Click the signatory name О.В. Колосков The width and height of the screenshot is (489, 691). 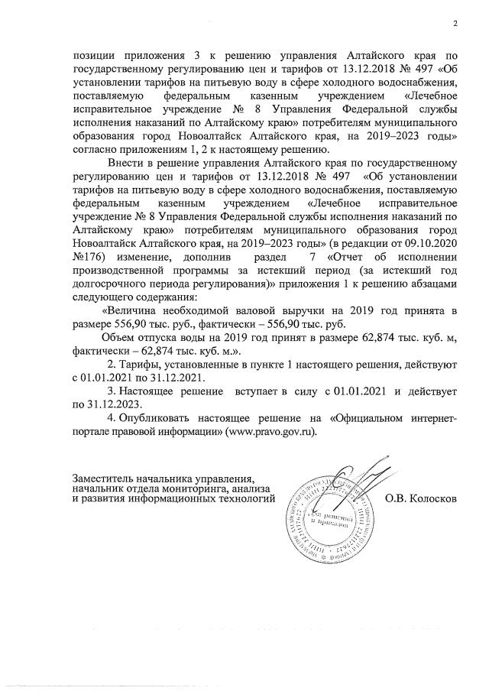coord(422,499)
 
